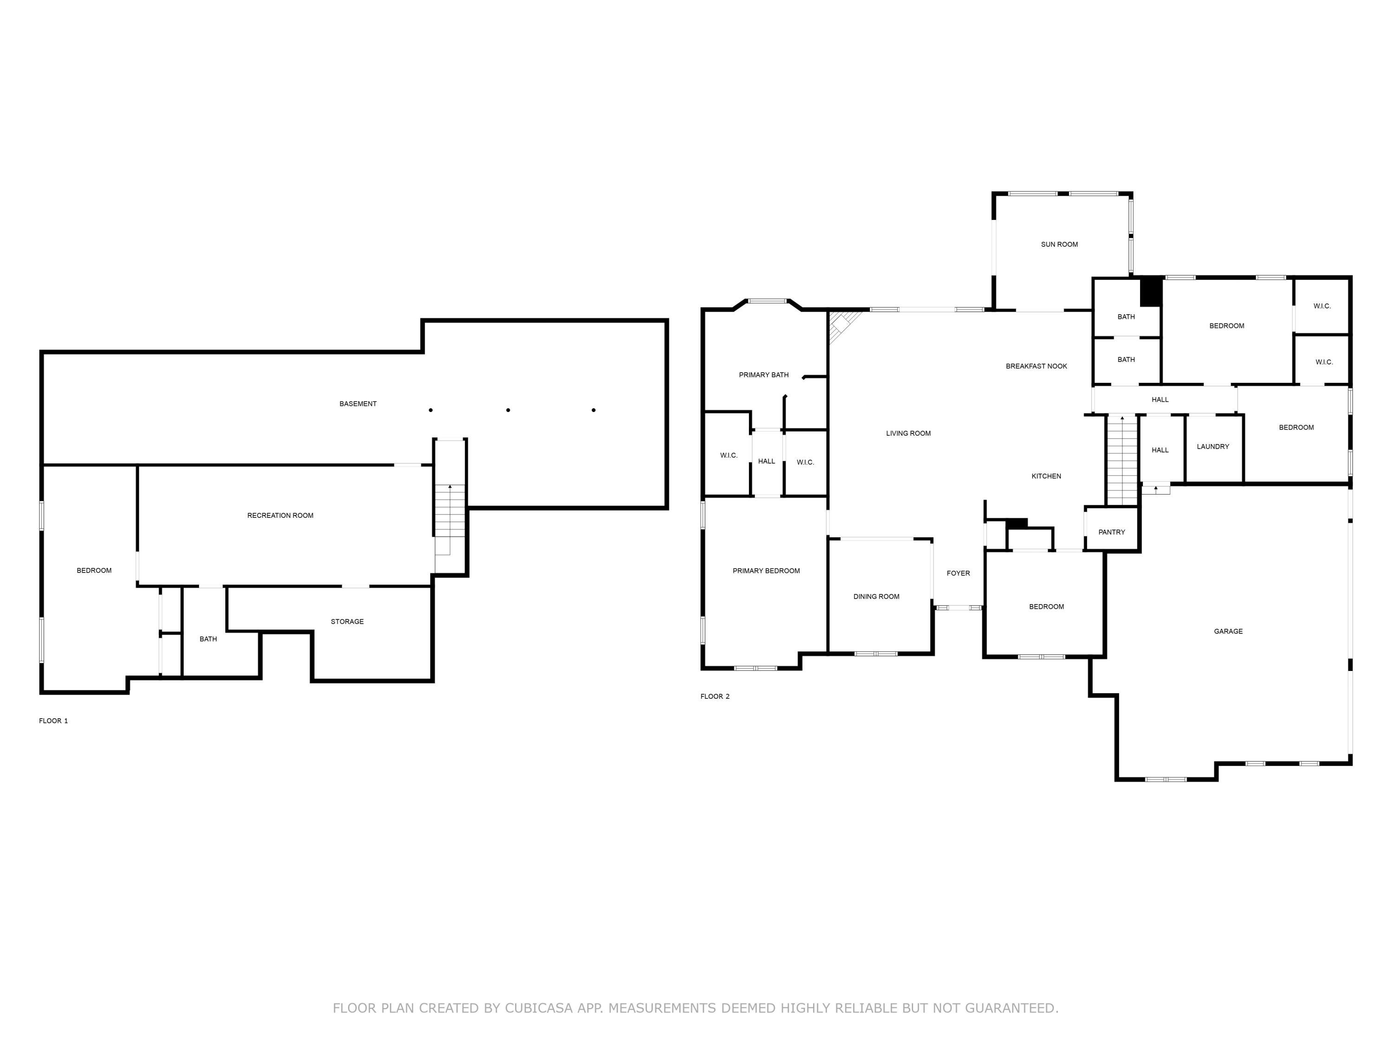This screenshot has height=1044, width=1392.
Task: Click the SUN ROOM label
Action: coord(1059,244)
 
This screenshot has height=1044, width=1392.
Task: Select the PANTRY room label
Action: coord(1111,532)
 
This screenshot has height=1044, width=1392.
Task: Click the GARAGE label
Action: coord(1228,631)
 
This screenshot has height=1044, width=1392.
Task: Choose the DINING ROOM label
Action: coord(876,597)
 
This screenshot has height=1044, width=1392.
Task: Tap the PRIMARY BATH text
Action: coord(763,375)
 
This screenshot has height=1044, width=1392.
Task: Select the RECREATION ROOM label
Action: coord(280,516)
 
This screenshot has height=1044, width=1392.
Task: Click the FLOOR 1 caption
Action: coord(53,721)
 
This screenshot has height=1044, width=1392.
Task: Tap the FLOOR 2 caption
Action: coord(715,696)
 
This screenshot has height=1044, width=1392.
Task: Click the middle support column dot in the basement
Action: coord(508,410)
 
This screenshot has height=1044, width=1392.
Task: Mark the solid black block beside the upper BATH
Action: coord(1151,292)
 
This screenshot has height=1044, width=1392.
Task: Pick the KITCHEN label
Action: coord(1046,477)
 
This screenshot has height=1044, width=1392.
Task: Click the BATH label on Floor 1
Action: coord(208,639)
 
